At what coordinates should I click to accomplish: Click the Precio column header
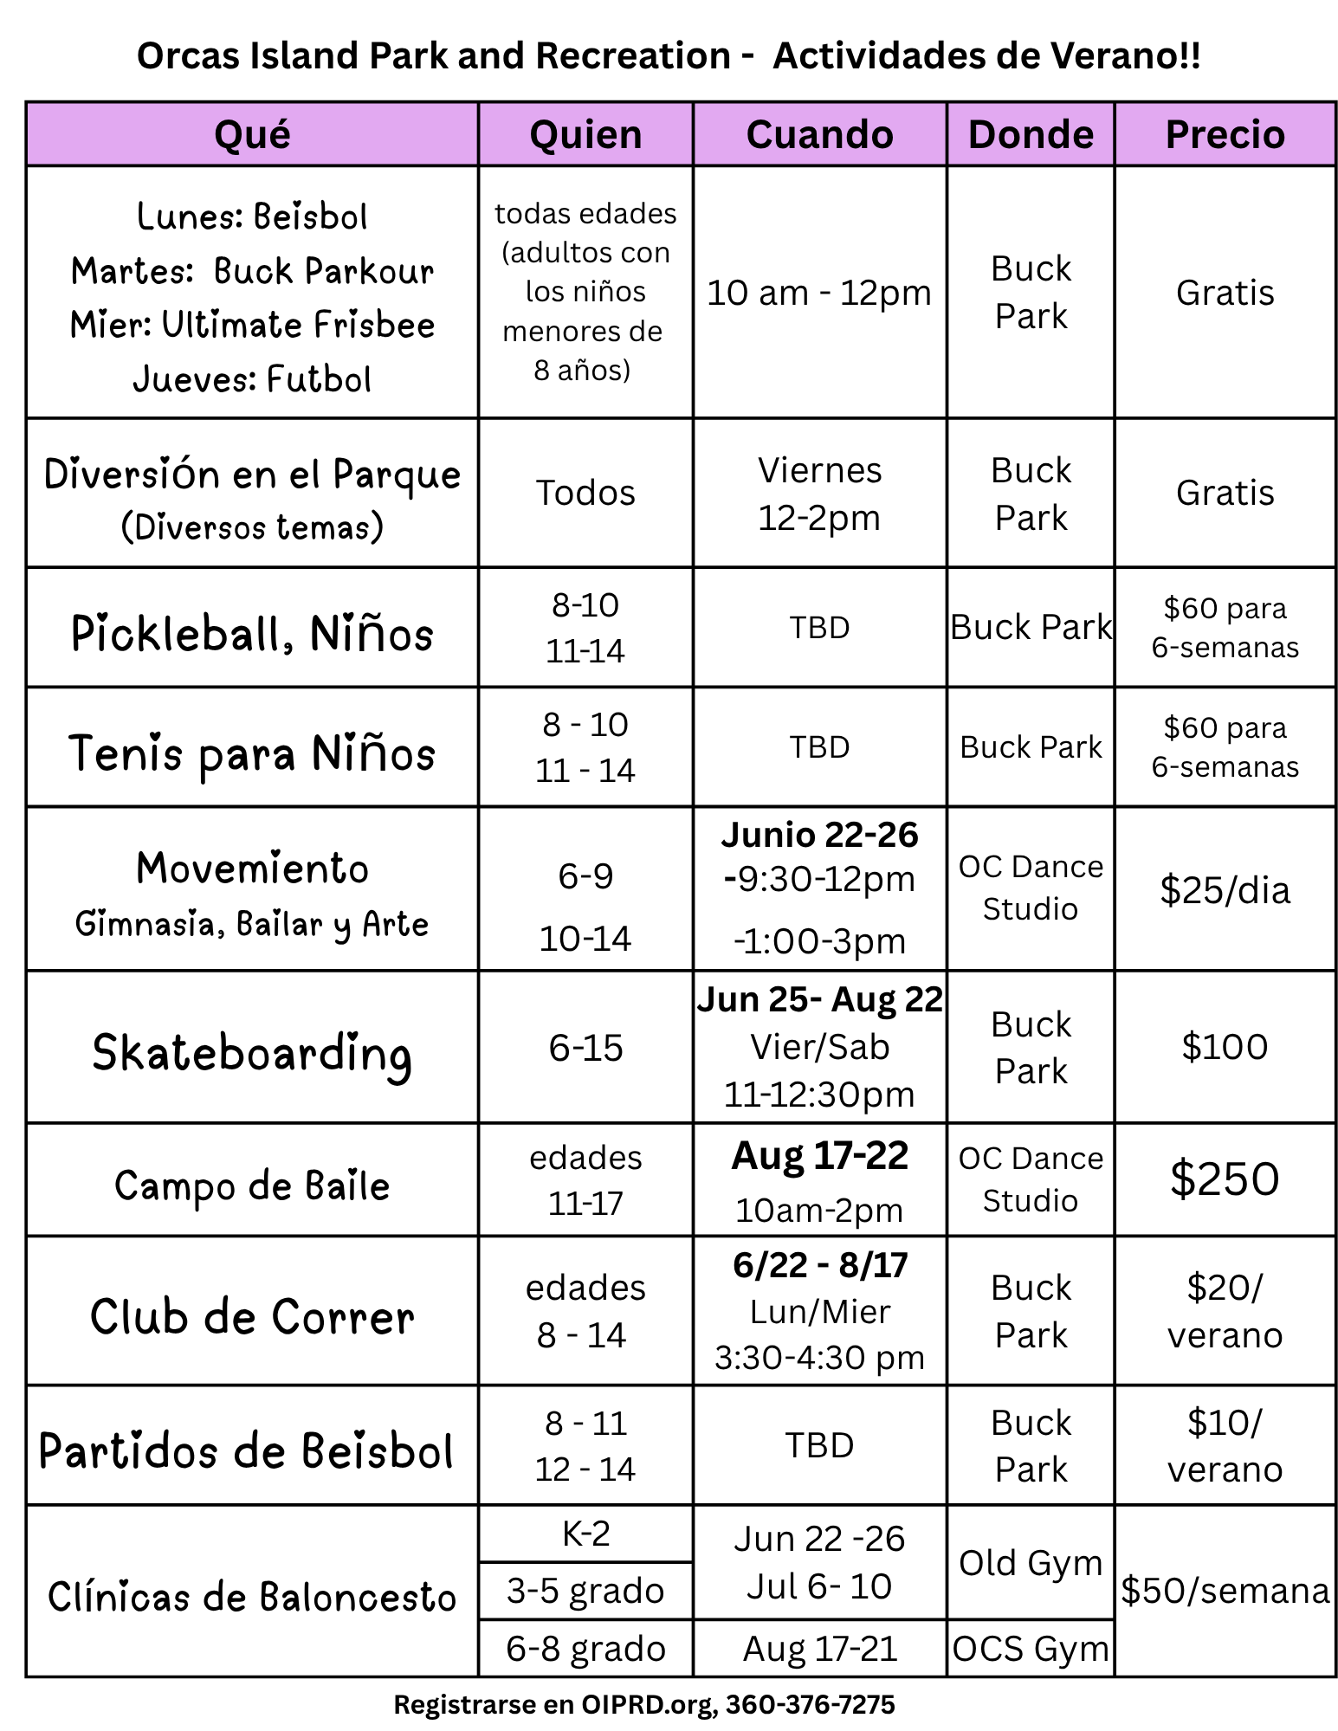1224,134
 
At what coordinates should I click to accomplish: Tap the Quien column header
585,134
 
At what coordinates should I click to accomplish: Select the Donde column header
1030,134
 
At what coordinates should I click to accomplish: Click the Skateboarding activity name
252,1054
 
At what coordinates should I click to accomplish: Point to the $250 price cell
1224,1179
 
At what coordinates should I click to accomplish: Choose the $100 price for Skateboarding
1224,1047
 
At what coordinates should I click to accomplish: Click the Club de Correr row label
252,1317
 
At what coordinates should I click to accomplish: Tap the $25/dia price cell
1224,890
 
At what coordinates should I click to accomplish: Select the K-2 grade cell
585,1534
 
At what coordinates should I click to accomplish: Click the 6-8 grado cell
585,1649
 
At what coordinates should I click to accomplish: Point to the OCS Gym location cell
1030,1649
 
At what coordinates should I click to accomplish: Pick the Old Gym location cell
1030,1563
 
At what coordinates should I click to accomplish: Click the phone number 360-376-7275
810,1704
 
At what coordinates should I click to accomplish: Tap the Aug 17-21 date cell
819,1649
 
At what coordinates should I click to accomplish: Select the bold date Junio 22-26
819,835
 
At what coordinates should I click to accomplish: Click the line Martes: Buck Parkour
252,271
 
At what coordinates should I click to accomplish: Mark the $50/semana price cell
1224,1591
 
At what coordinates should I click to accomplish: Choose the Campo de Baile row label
252,1185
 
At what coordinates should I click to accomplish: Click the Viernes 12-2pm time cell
819,494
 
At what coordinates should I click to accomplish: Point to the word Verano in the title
1112,56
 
